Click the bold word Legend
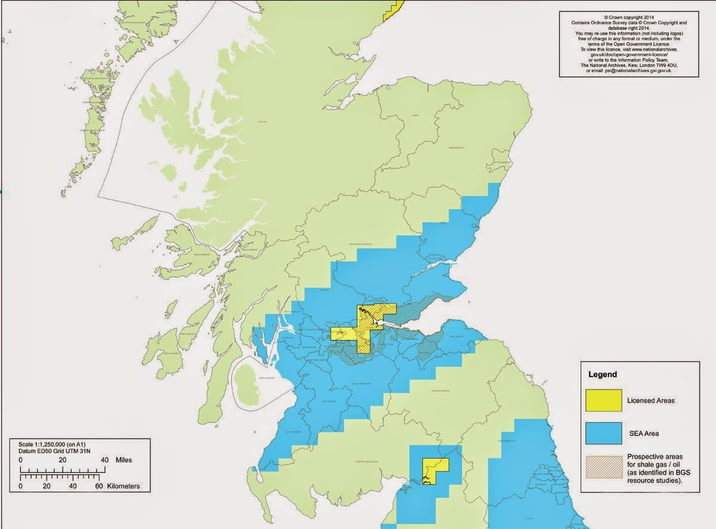coord(603,375)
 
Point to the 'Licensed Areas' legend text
coord(651,400)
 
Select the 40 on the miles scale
coord(104,460)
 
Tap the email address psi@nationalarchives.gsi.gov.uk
coord(640,71)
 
